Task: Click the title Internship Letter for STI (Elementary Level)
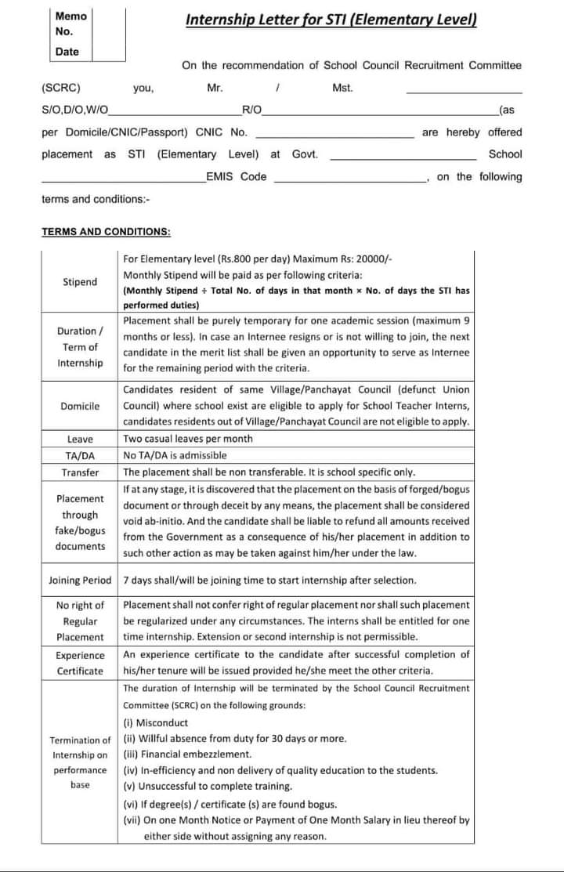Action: click(x=331, y=20)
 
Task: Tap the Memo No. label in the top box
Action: click(x=70, y=24)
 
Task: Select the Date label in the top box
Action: click(x=67, y=52)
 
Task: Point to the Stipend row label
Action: click(x=80, y=282)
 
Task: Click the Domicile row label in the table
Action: click(x=80, y=406)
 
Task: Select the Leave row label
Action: click(x=80, y=440)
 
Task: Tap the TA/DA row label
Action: click(x=80, y=456)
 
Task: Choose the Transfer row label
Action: click(x=80, y=472)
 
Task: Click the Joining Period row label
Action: click(x=80, y=581)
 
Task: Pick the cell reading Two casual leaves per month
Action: click(x=188, y=439)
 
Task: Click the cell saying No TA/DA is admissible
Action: click(x=175, y=455)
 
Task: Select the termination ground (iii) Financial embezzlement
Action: click(x=187, y=754)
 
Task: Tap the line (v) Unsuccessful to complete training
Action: click(x=208, y=786)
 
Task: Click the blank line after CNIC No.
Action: click(x=335, y=133)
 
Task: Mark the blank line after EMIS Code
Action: click(x=349, y=178)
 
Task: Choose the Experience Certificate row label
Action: click(x=80, y=663)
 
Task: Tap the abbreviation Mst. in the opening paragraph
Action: click(x=342, y=89)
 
